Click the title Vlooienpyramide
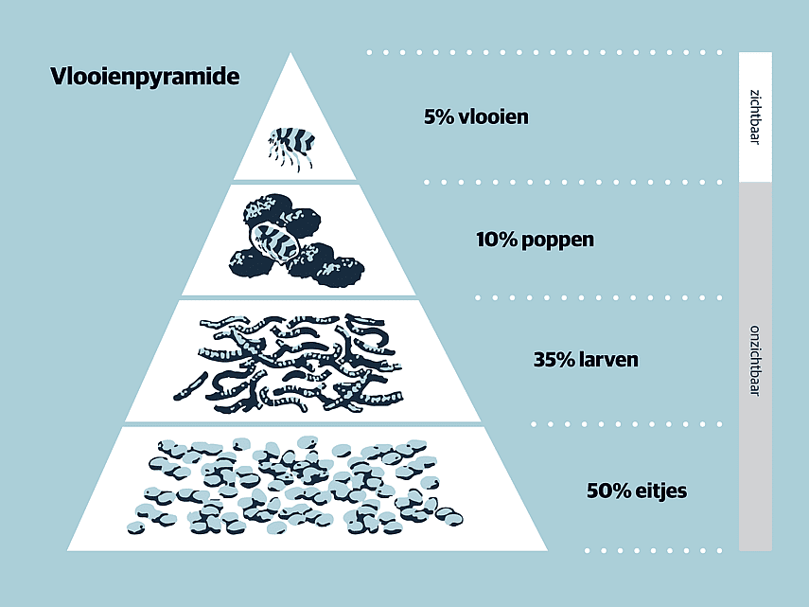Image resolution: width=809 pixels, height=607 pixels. tap(145, 77)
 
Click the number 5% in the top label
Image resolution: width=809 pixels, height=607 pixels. tap(438, 116)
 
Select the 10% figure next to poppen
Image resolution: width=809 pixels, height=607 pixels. tap(497, 240)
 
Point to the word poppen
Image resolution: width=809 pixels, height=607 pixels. tap(557, 241)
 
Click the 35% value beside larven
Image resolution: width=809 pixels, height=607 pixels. tap(554, 360)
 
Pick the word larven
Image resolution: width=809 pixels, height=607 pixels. tap(608, 359)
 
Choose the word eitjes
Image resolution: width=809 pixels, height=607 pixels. tap(661, 491)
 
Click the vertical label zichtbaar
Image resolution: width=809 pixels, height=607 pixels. tap(755, 117)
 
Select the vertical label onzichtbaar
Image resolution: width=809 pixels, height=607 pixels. tap(755, 360)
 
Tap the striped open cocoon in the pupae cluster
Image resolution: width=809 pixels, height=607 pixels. tap(274, 241)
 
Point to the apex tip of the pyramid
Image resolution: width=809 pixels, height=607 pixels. tap(290, 53)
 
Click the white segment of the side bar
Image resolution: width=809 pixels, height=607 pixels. tap(755, 117)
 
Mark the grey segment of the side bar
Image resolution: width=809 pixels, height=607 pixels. tap(755, 366)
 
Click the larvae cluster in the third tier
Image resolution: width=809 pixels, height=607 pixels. tap(289, 363)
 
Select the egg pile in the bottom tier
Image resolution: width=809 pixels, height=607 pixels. tap(294, 485)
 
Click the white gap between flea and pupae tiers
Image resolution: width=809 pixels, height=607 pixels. tap(295, 182)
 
